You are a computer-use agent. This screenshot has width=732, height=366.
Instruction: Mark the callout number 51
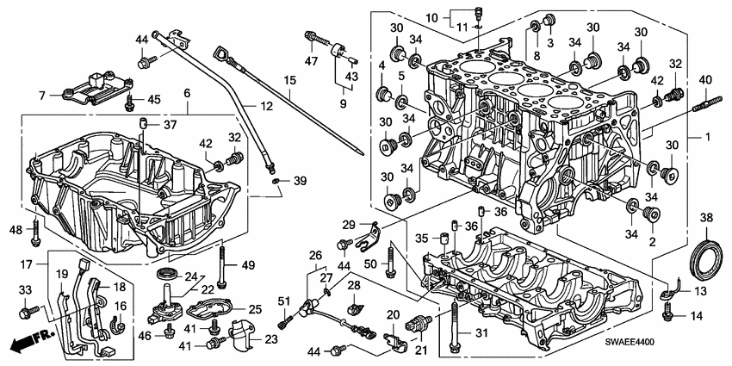[x=282, y=301]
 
